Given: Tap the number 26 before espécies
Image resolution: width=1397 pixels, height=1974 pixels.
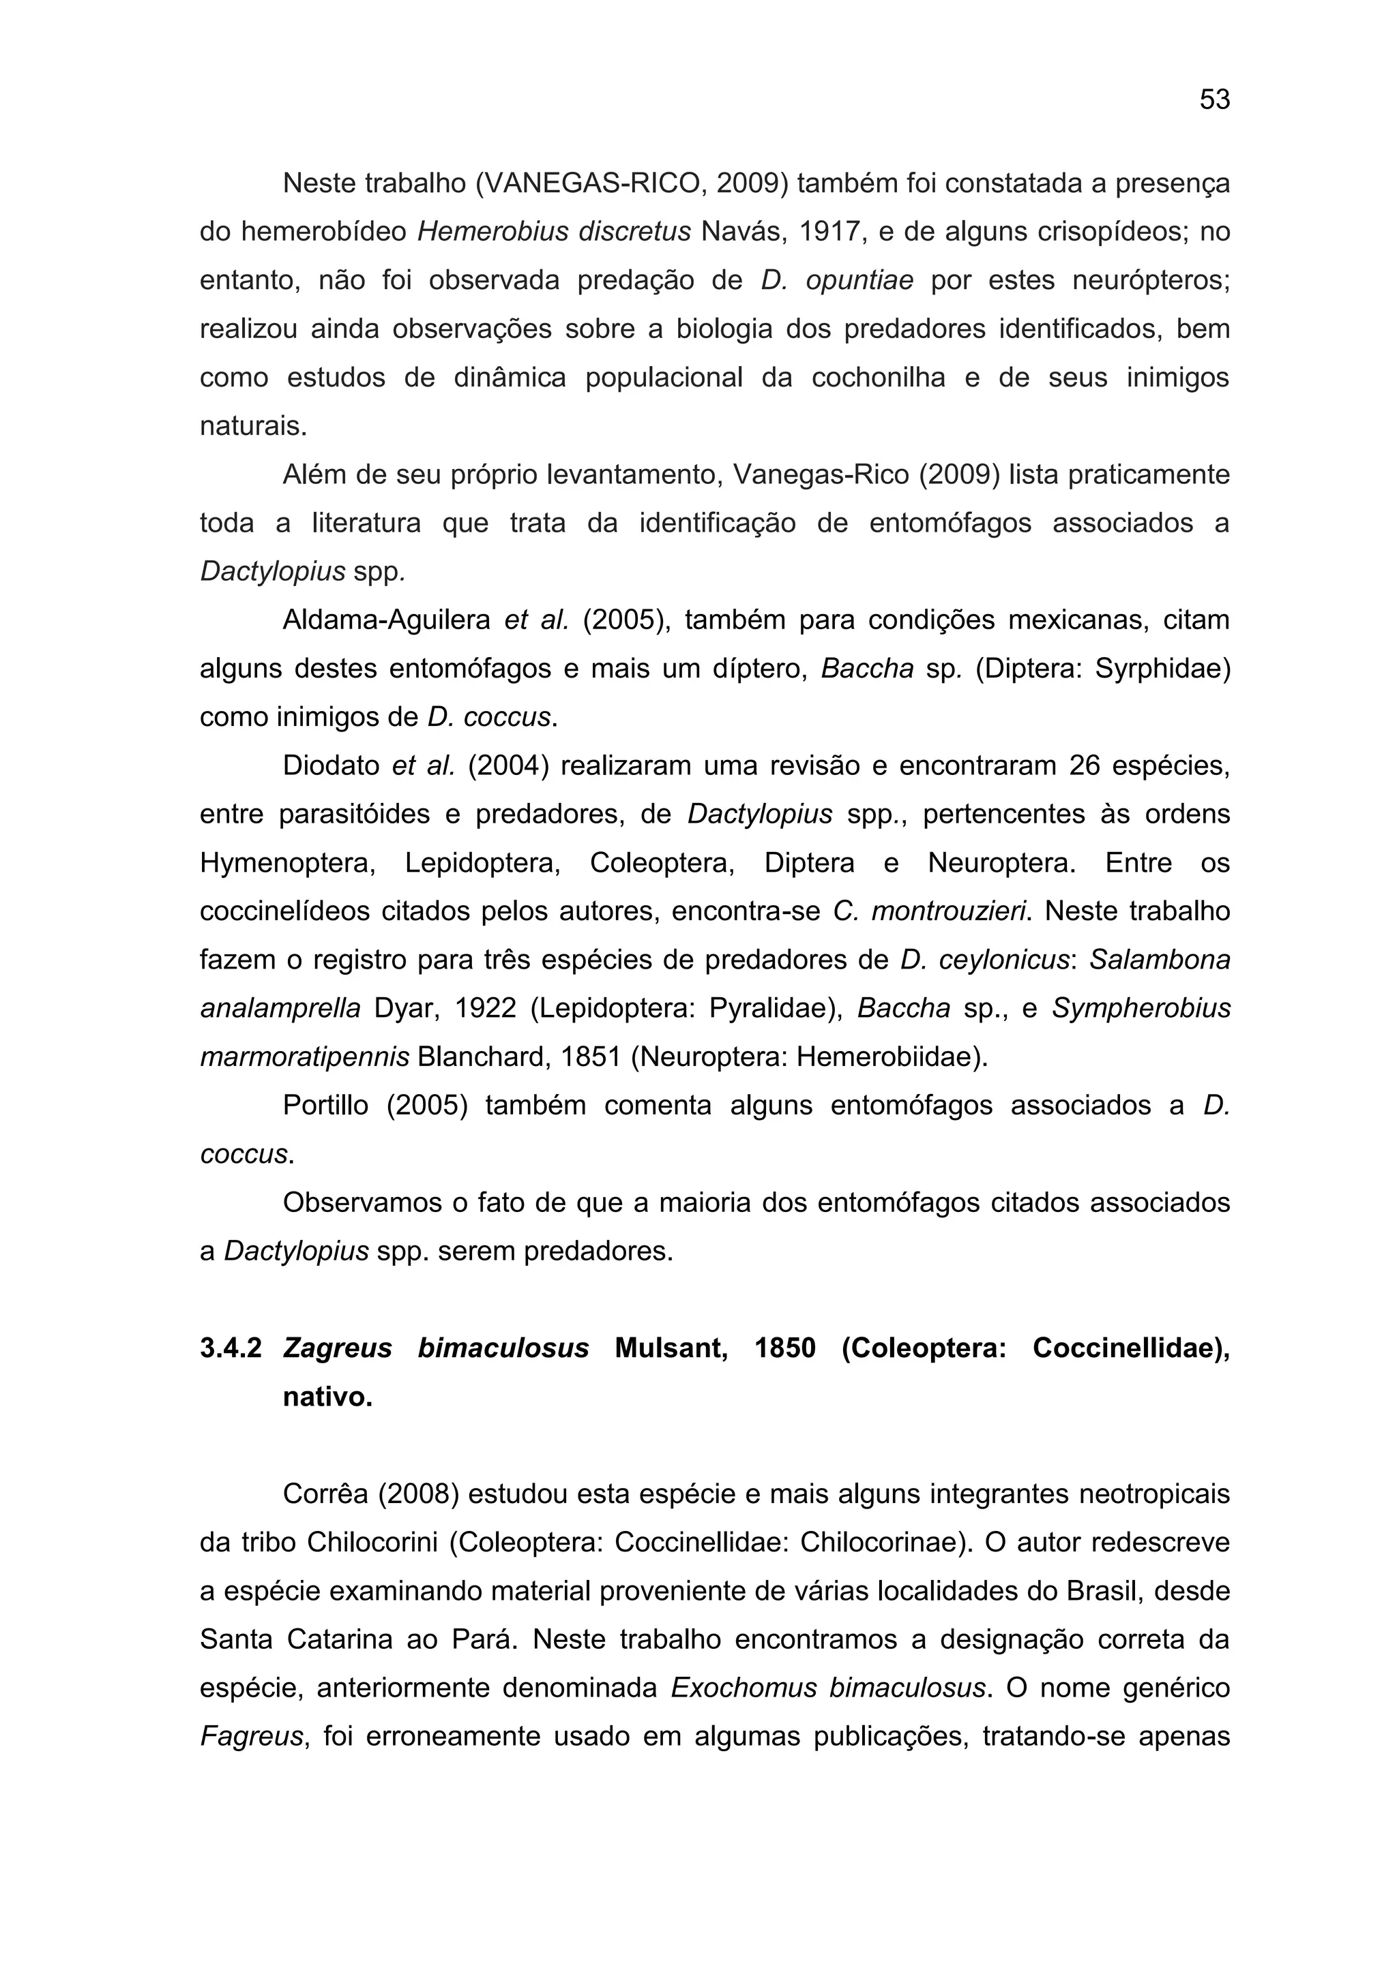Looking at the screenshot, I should (1085, 766).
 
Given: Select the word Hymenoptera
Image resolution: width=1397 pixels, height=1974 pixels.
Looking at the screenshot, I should (287, 863).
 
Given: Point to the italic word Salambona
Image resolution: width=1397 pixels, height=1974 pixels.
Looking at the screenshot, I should (1160, 960).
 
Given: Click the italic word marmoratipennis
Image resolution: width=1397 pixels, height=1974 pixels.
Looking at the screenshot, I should (304, 1057).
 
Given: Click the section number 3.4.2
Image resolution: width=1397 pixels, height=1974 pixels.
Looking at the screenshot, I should (231, 1349).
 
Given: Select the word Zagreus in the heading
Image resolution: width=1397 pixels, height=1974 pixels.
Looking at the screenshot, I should (337, 1349).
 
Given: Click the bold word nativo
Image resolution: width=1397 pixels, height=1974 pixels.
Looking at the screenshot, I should (327, 1398).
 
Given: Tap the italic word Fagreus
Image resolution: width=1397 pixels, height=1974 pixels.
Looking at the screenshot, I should (252, 1737).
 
